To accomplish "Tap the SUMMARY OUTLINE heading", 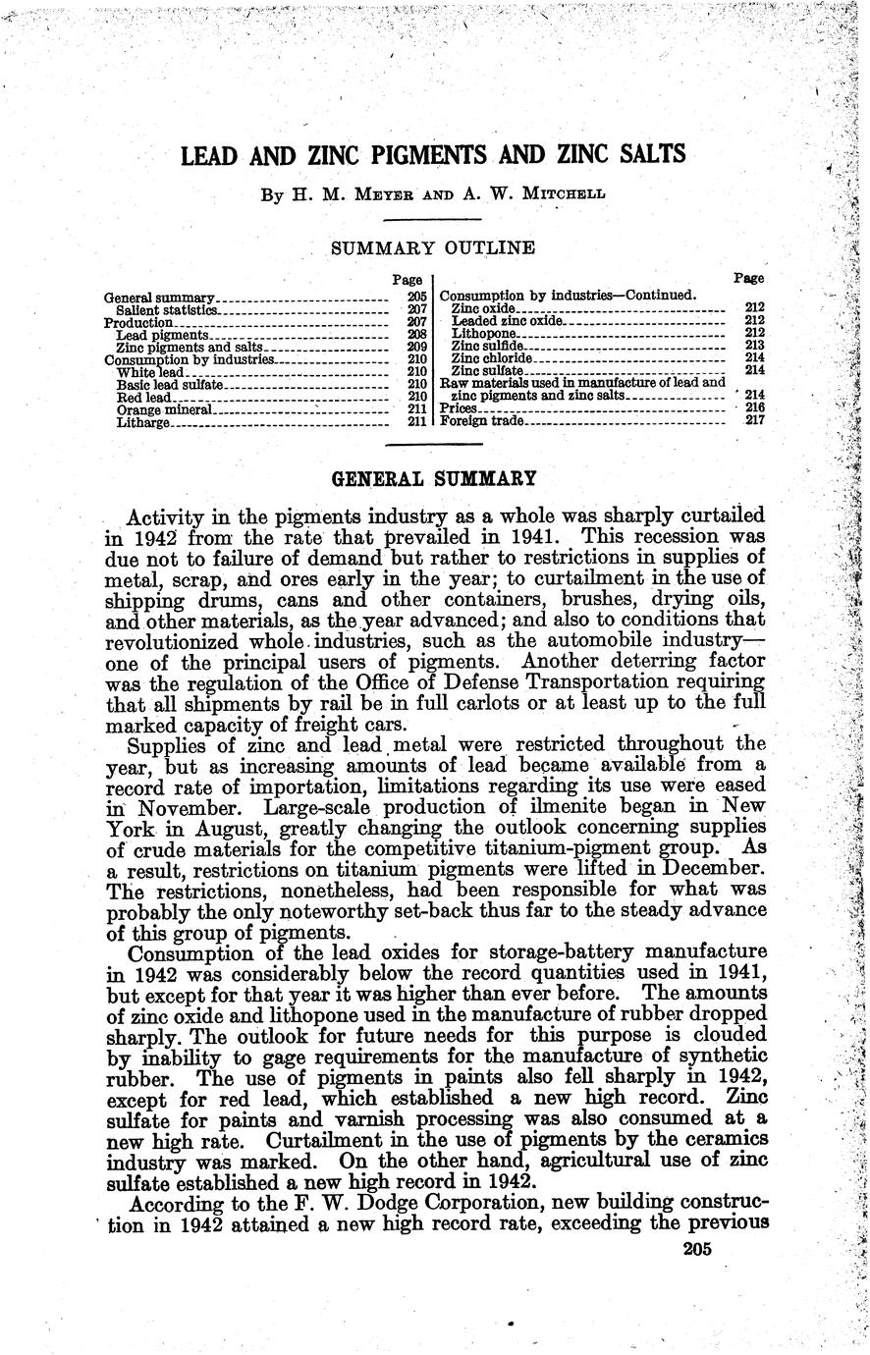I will (x=433, y=248).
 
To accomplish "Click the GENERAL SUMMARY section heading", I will (x=435, y=479).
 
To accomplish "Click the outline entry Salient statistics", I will (x=159, y=309).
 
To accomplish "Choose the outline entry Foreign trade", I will (x=482, y=421).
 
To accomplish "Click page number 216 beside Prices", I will (x=754, y=408).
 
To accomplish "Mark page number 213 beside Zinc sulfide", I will (x=754, y=346).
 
